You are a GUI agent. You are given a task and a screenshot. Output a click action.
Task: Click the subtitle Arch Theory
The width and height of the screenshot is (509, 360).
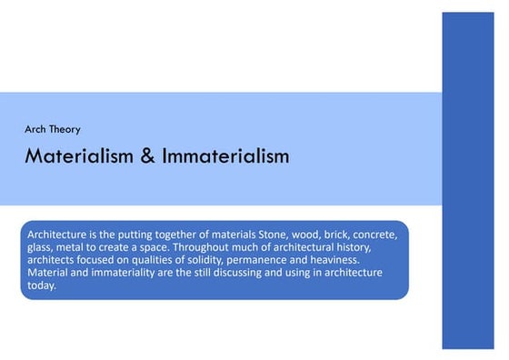52,129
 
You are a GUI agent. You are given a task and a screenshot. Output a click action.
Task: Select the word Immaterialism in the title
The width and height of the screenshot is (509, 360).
225,156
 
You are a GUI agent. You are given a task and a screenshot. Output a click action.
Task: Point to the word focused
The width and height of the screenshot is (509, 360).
105,259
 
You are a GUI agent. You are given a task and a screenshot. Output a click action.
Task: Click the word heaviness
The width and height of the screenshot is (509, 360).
347,259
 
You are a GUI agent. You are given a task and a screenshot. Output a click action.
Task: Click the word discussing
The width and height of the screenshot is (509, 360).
249,272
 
